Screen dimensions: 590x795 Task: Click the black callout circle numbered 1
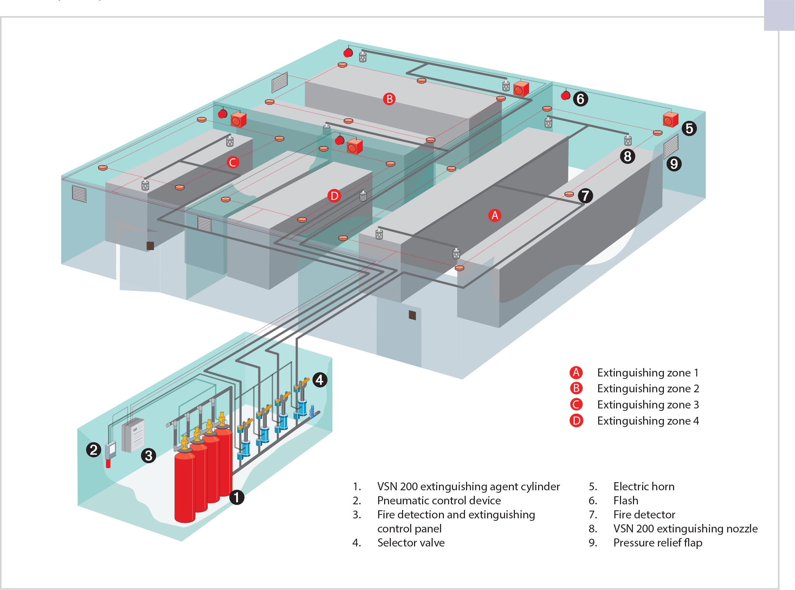[x=236, y=497]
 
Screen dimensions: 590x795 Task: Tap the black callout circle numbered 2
[x=93, y=450]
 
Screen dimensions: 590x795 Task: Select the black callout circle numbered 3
[x=148, y=456]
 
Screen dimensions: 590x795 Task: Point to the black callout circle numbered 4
[x=319, y=380]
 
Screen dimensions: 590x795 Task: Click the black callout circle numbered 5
[x=689, y=129]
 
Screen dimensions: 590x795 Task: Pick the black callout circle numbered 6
[x=581, y=99]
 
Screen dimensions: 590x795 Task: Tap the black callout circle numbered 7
[x=585, y=196]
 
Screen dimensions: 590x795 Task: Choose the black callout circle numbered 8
[x=627, y=156]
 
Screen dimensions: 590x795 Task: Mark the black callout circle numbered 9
[x=674, y=164]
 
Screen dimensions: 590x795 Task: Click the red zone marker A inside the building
[x=495, y=215]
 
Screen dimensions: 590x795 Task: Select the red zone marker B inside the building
[x=389, y=99]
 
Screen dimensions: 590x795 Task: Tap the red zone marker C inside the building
[x=233, y=163]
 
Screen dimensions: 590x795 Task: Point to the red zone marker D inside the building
[x=334, y=196]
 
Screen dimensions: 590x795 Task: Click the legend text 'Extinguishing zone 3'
[x=648, y=405]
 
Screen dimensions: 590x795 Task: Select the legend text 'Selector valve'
[x=411, y=543]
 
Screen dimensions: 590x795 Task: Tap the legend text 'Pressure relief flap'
[x=658, y=543]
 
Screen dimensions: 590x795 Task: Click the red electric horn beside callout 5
[x=670, y=120]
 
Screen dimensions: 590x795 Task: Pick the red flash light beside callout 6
[x=565, y=96]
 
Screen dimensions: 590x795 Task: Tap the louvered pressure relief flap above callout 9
[x=671, y=146]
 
